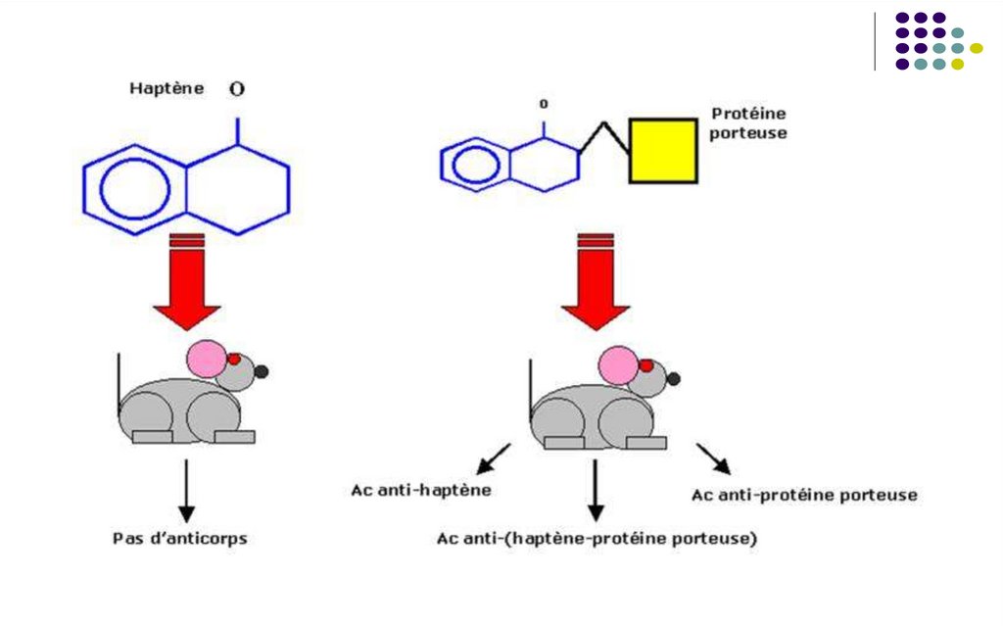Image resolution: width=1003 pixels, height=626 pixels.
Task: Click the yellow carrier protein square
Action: click(x=663, y=150)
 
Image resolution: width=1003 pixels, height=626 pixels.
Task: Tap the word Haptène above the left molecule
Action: click(x=167, y=88)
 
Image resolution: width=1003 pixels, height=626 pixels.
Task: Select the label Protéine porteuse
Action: click(x=748, y=123)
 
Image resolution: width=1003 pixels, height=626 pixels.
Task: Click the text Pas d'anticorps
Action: click(x=180, y=538)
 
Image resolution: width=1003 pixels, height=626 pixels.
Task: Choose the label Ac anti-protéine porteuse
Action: click(x=804, y=495)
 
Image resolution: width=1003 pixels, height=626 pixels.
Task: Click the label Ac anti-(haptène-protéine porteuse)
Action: click(x=597, y=538)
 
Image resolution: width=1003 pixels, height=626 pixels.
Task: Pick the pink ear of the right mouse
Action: click(x=619, y=365)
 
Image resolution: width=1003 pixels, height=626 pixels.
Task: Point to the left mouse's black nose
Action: click(x=263, y=371)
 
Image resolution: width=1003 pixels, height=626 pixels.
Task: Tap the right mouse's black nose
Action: click(x=674, y=377)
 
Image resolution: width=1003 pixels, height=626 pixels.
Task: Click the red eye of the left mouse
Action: click(x=234, y=359)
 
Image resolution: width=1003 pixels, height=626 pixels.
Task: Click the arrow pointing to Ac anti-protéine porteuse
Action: click(x=713, y=458)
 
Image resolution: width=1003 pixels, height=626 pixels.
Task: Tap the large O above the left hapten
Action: click(x=237, y=89)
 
